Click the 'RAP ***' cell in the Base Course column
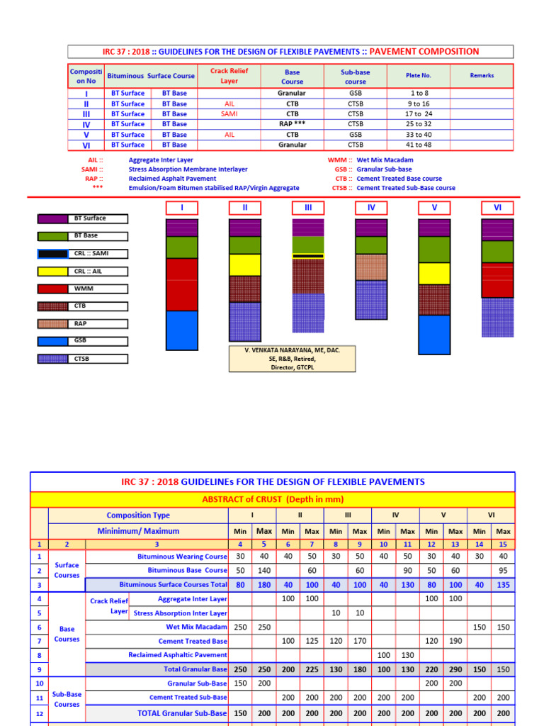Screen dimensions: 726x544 tap(292, 124)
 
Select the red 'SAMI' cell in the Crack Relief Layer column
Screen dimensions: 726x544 tap(229, 113)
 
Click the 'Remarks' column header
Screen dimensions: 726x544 tap(482, 76)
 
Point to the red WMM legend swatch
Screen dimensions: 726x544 tap(47, 289)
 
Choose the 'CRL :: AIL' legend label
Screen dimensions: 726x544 tap(91, 272)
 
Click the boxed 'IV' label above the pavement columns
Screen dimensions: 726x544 tap(371, 208)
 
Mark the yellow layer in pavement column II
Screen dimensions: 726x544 tap(244, 264)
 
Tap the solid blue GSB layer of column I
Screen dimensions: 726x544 tap(181, 330)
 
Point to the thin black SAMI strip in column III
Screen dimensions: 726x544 tap(308, 256)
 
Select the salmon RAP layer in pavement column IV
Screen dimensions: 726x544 tap(371, 267)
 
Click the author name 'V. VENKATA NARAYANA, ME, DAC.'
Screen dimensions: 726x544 tap(292, 350)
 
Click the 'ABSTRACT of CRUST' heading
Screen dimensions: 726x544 tap(272, 500)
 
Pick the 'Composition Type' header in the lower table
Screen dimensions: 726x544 tap(138, 515)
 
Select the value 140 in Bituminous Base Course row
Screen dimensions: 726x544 tap(263, 570)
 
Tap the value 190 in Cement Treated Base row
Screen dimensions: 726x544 tap(455, 640)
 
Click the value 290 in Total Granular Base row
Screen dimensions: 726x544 tap(455, 669)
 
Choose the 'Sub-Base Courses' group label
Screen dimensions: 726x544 tap(67, 698)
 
